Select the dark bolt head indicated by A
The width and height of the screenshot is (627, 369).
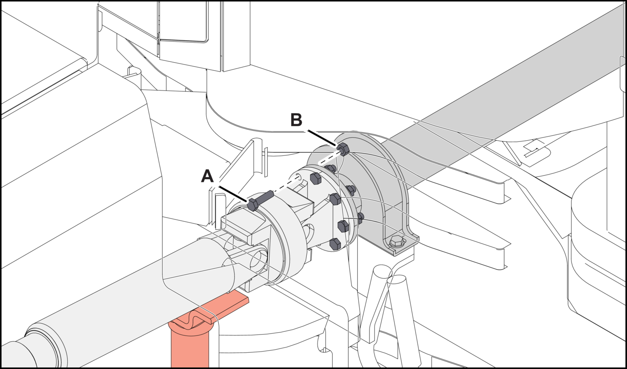[x=252, y=205]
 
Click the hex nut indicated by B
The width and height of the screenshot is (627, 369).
[x=343, y=149]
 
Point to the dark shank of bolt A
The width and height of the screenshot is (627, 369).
[x=265, y=196]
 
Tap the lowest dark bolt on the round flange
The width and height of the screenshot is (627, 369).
[x=335, y=244]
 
